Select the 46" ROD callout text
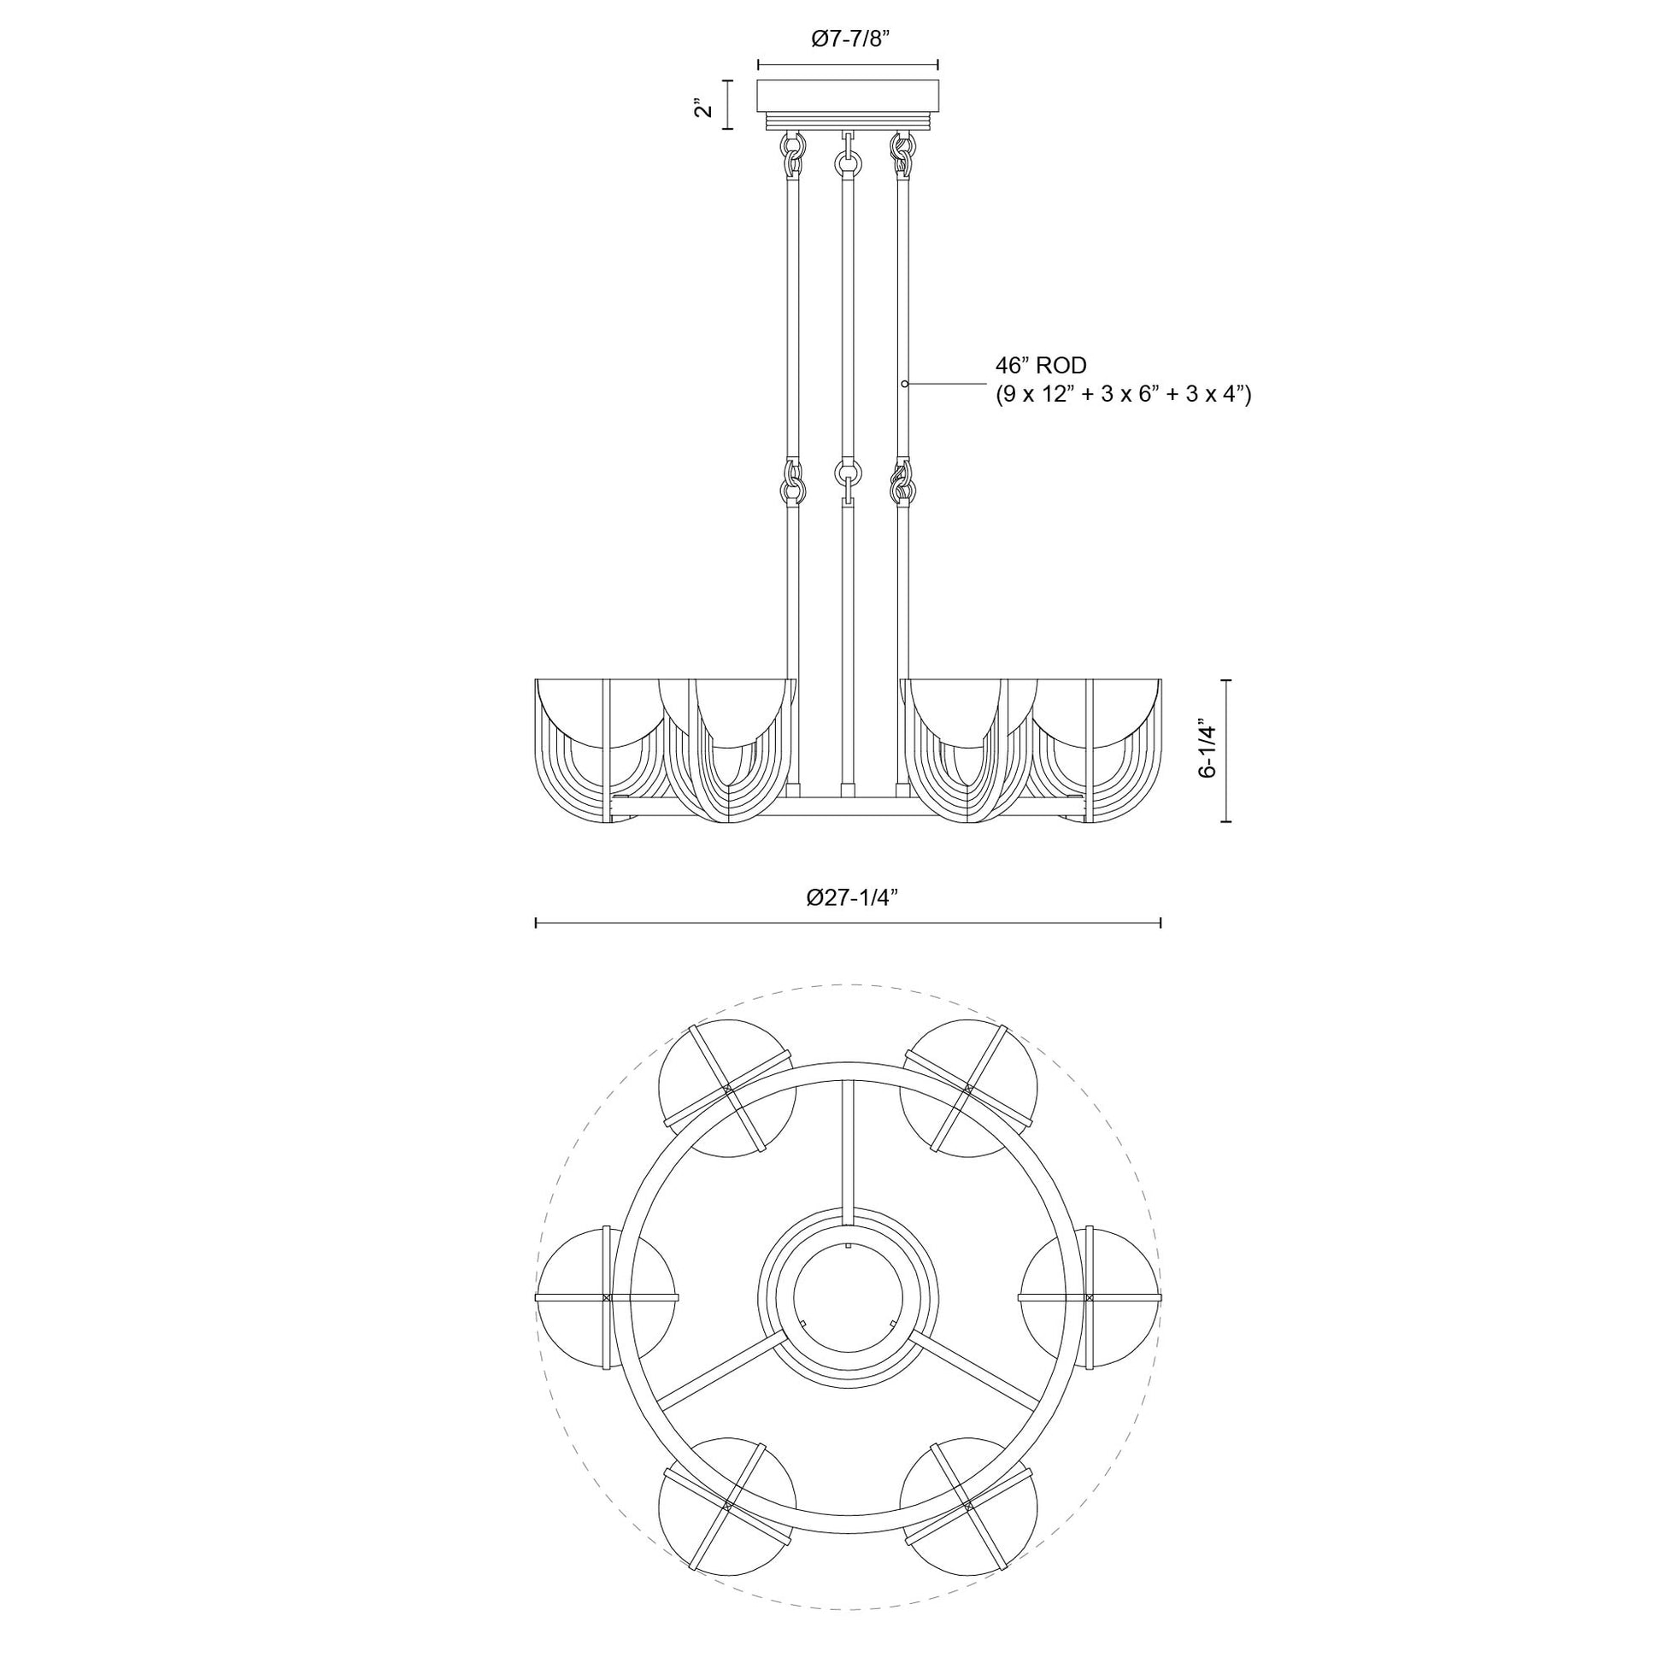[1041, 366]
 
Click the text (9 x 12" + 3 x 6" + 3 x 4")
[1123, 395]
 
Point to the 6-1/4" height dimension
[1208, 749]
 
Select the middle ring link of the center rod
[848, 473]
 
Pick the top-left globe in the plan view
[727, 1088]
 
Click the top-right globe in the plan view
[968, 1088]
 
